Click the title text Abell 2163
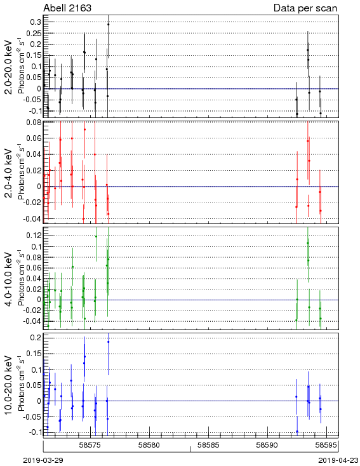coord(67,8)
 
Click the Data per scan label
coord(305,8)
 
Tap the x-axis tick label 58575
coord(90,445)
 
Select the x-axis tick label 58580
coord(150,445)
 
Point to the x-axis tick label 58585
coord(208,445)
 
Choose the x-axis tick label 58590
coord(267,445)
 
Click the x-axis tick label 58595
coord(326,445)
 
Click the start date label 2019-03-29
coord(43,460)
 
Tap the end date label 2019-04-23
coord(338,460)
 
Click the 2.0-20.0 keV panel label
coord(9,67)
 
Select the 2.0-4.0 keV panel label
coord(9,173)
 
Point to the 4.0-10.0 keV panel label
coord(9,279)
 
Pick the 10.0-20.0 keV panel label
coord(9,385)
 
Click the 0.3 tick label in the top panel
coord(36,22)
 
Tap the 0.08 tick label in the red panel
coord(33,123)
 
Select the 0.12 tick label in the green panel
coord(33,236)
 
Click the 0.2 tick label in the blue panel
coord(36,338)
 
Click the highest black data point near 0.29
coord(108,24)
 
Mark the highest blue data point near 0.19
coord(108,342)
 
